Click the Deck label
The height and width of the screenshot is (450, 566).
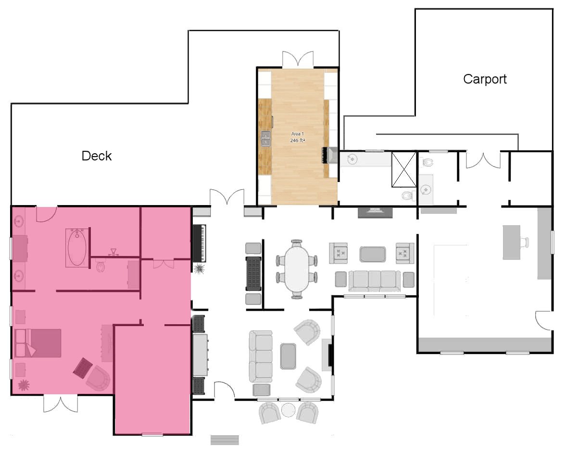(x=96, y=156)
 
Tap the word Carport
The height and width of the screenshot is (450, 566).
(x=485, y=79)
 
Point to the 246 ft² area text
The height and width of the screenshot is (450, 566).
(x=298, y=140)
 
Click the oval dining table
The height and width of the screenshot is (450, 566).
(x=296, y=268)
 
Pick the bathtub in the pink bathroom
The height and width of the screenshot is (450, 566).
(x=77, y=248)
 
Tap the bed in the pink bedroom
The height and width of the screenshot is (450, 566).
(x=38, y=342)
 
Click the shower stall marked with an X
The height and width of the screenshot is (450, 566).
(x=404, y=170)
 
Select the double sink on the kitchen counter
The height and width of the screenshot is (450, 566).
(x=265, y=139)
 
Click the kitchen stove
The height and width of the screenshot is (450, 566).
(x=329, y=155)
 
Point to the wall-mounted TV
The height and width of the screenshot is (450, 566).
(x=375, y=213)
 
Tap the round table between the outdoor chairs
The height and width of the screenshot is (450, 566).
(x=289, y=410)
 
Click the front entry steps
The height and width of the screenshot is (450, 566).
(x=225, y=440)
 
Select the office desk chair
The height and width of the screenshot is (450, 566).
(x=525, y=243)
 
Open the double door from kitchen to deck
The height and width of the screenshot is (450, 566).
(x=298, y=59)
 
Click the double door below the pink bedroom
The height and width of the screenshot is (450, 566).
(x=60, y=404)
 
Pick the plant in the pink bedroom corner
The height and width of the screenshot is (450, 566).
(x=24, y=385)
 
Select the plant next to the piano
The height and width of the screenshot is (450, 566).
(x=199, y=268)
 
